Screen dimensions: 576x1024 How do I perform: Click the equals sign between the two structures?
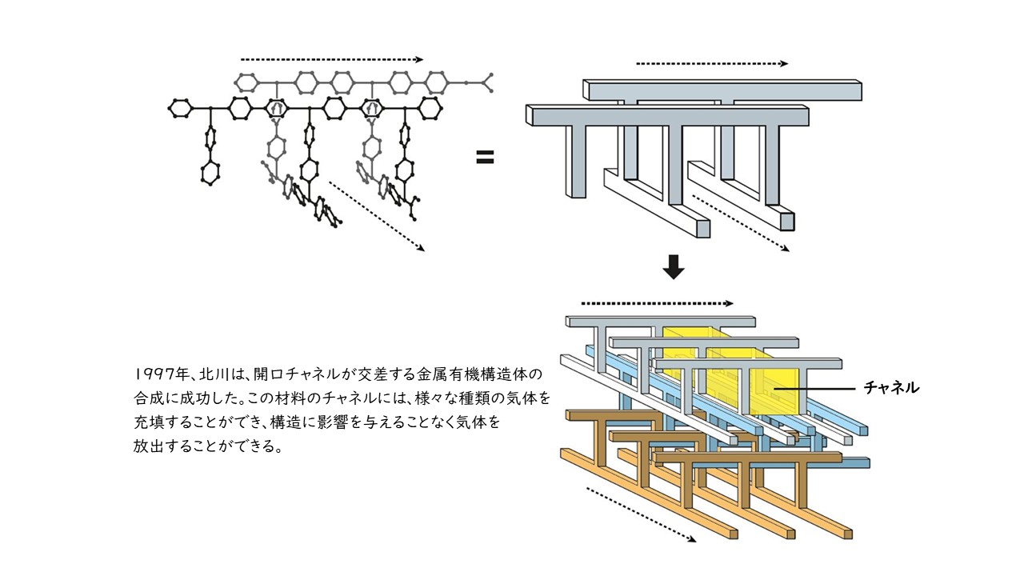pos(485,158)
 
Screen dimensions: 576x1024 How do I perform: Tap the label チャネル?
pos(891,388)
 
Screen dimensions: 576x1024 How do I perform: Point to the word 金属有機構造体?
pos(482,374)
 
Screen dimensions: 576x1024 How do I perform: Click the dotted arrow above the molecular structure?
pos(331,59)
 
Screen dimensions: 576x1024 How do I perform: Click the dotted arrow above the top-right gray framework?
pos(711,63)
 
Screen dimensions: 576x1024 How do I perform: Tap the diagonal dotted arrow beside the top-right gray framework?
pos(740,222)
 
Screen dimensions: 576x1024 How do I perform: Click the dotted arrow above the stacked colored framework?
pos(656,304)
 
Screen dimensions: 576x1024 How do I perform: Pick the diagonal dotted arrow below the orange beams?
pos(640,514)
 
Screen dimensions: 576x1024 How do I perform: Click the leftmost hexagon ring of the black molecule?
pos(181,106)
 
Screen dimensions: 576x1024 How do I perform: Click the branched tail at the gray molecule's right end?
pos(485,82)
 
